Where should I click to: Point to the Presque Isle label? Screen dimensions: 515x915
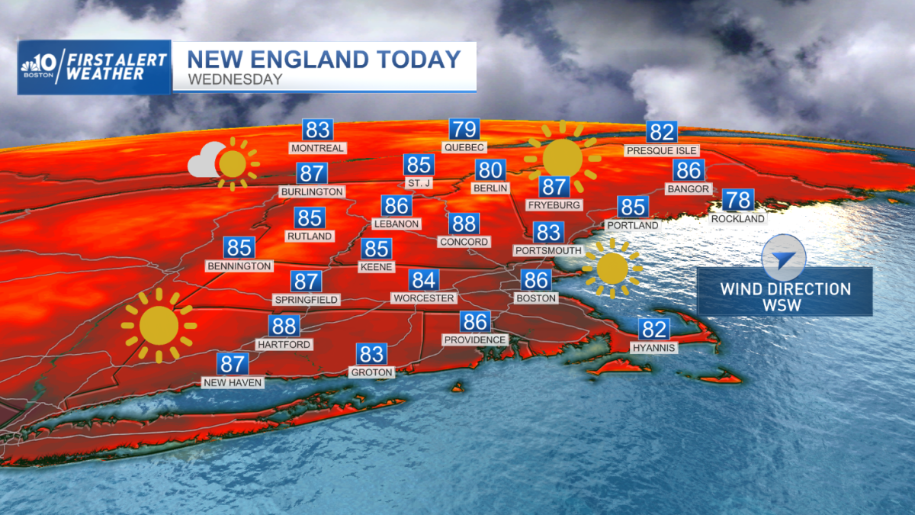pyautogui.click(x=661, y=150)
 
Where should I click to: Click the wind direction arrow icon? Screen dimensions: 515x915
pyautogui.click(x=783, y=261)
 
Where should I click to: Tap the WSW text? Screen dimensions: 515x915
pyautogui.click(x=785, y=305)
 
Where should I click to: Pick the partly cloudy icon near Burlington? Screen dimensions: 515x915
pyautogui.click(x=223, y=163)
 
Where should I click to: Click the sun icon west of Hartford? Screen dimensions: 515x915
pyautogui.click(x=159, y=326)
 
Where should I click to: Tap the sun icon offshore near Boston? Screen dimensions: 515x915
pyautogui.click(x=612, y=269)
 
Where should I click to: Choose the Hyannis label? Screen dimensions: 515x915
pyautogui.click(x=653, y=348)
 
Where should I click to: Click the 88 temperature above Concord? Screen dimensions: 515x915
pyautogui.click(x=464, y=224)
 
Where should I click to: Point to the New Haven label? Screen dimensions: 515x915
pyautogui.click(x=233, y=382)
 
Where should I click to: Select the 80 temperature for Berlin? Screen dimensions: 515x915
pyautogui.click(x=490, y=170)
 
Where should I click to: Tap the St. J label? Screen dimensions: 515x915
pyautogui.click(x=419, y=183)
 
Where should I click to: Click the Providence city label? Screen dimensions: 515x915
pyautogui.click(x=475, y=340)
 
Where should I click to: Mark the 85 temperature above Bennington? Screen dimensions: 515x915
pyautogui.click(x=239, y=248)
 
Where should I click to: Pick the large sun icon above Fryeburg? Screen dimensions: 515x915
pyautogui.click(x=563, y=156)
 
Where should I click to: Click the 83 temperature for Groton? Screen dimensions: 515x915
pyautogui.click(x=371, y=354)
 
